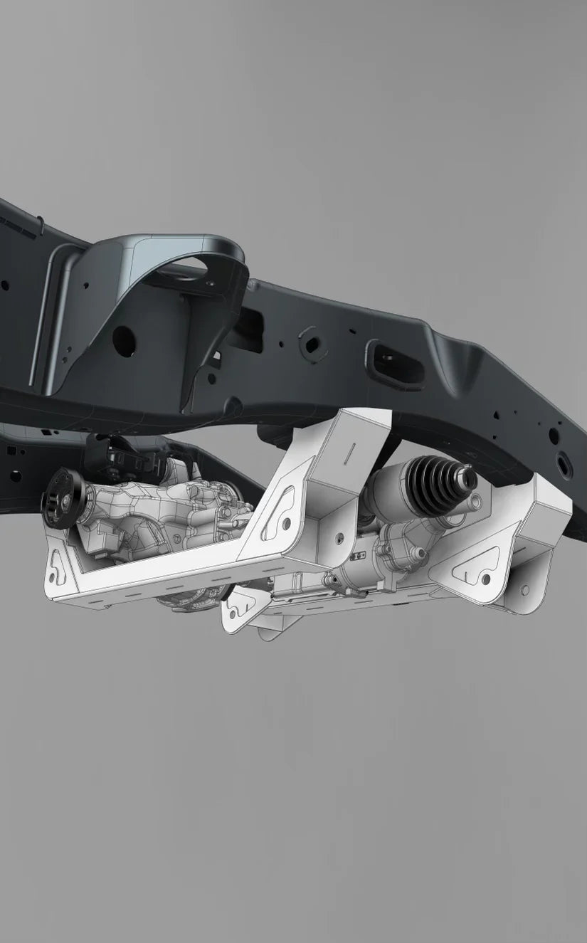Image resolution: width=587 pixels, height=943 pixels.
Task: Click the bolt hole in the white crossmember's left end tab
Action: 58,567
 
